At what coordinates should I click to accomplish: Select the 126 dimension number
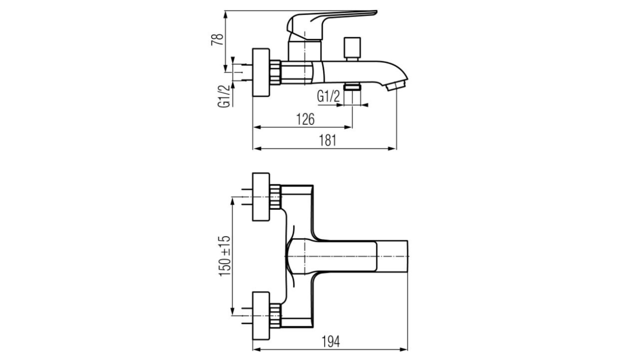point(305,119)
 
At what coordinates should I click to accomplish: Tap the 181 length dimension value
point(328,140)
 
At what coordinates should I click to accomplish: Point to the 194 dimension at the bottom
point(331,341)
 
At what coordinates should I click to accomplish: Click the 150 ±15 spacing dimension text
point(225,256)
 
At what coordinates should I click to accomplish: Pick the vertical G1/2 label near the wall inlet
point(224,96)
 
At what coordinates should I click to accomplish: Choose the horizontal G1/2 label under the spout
point(328,97)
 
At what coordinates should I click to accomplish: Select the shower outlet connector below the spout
point(352,87)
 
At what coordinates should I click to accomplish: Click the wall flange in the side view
point(261,73)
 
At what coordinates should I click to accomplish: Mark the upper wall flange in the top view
point(261,197)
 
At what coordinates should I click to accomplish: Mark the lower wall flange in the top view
point(261,315)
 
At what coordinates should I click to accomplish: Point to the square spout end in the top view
point(392,256)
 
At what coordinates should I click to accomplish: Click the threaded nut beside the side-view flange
point(275,72)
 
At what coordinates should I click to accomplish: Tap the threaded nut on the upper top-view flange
point(275,197)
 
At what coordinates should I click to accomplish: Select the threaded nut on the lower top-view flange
point(275,315)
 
